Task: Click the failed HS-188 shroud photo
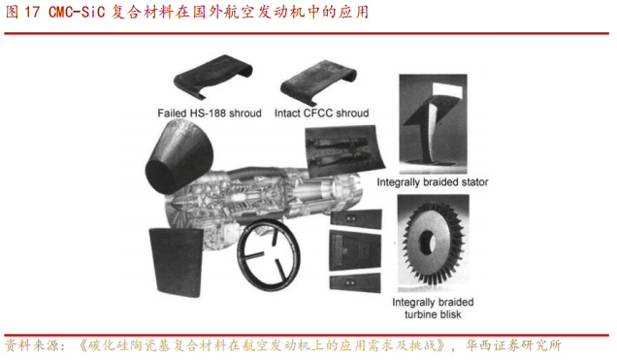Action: [x=212, y=77]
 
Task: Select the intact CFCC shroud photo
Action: [x=319, y=82]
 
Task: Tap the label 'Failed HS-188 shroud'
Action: [x=210, y=114]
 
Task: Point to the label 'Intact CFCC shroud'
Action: [x=321, y=114]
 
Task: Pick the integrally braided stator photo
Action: [x=433, y=123]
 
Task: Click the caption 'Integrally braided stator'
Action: [x=433, y=182]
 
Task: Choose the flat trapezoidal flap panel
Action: [x=176, y=261]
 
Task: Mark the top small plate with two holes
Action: [x=356, y=218]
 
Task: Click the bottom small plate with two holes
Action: [x=355, y=282]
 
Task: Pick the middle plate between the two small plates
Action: [x=355, y=250]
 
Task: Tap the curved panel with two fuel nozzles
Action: [x=345, y=151]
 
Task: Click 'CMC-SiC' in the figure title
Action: [x=77, y=13]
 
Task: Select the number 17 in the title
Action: [x=32, y=13]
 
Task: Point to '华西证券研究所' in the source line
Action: [x=513, y=345]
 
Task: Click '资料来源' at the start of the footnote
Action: [x=30, y=345]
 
